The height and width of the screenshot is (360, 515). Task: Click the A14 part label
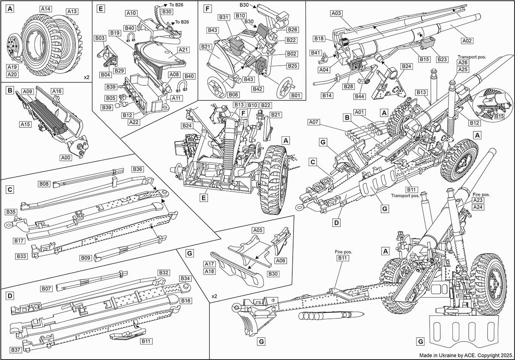point(45,9)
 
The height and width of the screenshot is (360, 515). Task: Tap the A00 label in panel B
point(66,145)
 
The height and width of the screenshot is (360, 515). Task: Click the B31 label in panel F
point(224,17)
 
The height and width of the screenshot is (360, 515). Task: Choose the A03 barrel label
point(337,14)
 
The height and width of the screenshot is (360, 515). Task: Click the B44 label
point(360,96)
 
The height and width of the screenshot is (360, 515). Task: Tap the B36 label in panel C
point(138,169)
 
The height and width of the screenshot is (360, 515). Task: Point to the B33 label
point(22,256)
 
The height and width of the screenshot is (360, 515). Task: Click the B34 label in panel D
point(185,278)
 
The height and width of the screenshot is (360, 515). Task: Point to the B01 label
point(294,96)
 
